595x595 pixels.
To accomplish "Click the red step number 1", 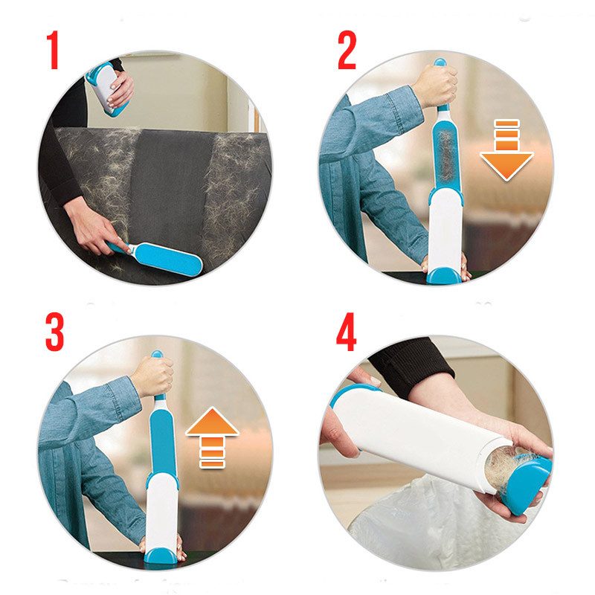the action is (53, 50).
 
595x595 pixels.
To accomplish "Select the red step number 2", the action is (347, 50).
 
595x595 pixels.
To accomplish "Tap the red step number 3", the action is (54, 332).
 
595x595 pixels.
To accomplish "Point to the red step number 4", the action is (346, 332).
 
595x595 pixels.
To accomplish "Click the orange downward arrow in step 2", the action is (506, 150).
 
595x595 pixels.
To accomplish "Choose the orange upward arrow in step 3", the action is (212, 437).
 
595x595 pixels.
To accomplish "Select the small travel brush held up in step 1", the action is (104, 88).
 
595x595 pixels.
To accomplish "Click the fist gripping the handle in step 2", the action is (437, 86).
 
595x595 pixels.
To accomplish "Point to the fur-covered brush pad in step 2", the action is (446, 155).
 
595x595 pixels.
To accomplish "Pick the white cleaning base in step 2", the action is (445, 231).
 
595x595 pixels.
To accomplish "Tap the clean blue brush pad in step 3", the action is (162, 442).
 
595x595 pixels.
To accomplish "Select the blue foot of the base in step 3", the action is (161, 556).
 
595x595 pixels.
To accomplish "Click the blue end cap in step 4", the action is (527, 484).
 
